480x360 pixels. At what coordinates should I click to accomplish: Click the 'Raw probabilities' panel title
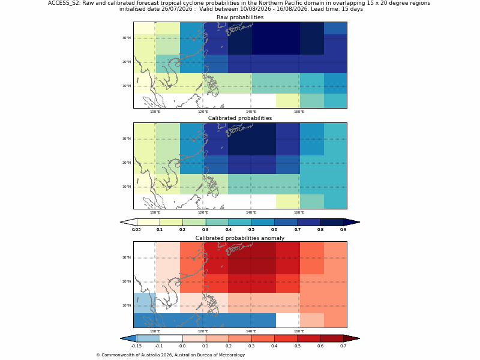click(240, 17)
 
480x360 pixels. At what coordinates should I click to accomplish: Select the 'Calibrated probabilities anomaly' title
click(240, 238)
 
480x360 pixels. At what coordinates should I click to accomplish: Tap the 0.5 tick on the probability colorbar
click(251, 230)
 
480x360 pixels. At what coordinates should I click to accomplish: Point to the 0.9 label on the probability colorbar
click(343, 230)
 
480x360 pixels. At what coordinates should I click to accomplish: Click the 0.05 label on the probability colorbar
click(136, 230)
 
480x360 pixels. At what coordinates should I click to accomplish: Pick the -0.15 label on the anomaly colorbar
click(136, 346)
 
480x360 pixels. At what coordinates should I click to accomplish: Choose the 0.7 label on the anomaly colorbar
click(343, 346)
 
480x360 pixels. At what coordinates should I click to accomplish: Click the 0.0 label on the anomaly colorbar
click(182, 346)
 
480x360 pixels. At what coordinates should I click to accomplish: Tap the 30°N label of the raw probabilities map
click(127, 38)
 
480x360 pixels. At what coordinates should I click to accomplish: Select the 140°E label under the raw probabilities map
click(251, 112)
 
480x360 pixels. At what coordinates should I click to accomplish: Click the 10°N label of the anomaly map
click(127, 305)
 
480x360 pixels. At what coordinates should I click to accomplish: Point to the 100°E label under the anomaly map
click(155, 331)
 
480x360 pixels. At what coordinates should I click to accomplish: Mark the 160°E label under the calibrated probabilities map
click(299, 212)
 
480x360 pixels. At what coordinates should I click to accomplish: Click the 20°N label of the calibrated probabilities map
click(127, 163)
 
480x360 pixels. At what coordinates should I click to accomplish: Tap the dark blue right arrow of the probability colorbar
click(352, 222)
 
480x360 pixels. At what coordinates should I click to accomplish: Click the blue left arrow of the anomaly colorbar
click(128, 338)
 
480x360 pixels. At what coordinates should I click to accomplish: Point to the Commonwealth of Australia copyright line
click(170, 355)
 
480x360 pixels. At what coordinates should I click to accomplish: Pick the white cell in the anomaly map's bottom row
click(288, 320)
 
